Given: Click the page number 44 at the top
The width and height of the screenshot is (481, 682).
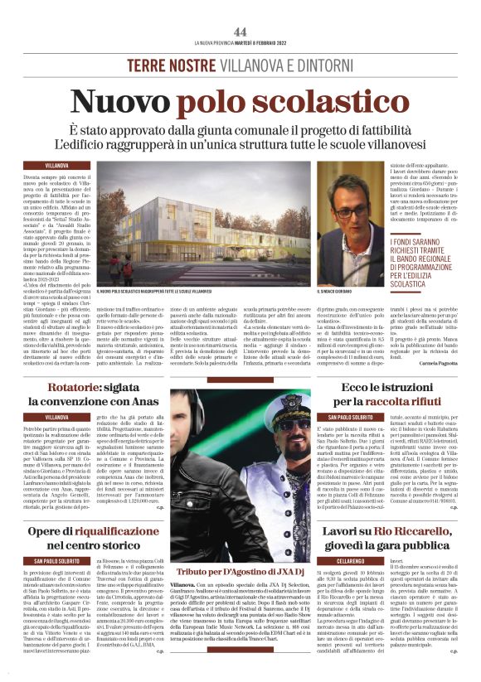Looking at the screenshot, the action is (x=240, y=31).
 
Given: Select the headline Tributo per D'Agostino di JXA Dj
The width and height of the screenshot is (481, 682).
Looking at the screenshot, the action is (x=240, y=549).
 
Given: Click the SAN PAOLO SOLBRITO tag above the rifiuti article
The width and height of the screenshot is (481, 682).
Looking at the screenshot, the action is (x=353, y=415).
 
